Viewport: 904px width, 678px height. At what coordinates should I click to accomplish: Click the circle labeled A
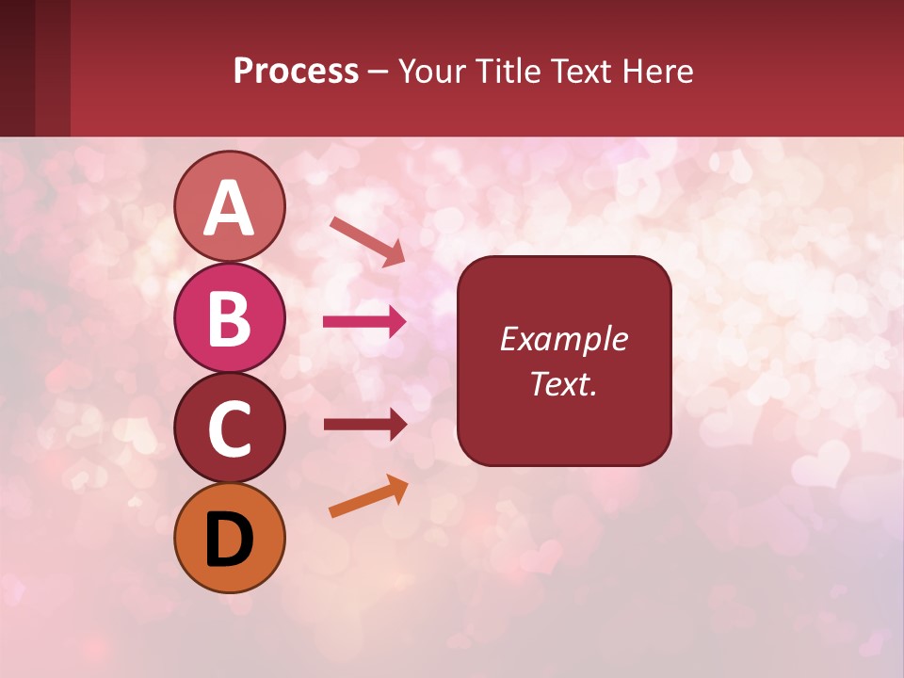coord(229,207)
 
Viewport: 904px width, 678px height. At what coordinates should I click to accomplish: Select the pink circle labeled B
coord(229,317)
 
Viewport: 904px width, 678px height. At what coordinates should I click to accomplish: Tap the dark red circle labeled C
coord(229,428)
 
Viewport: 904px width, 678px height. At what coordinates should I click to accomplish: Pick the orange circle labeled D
coord(229,538)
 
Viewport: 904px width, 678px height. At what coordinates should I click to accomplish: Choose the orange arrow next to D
coord(368,497)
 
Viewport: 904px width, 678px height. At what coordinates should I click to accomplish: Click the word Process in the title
coord(296,72)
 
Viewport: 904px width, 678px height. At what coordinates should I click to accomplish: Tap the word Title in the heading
coord(510,72)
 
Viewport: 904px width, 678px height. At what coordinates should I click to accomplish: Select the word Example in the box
coord(563,339)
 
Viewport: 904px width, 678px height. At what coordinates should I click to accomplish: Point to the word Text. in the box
coord(563,383)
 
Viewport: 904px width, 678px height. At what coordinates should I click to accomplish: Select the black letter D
coord(229,540)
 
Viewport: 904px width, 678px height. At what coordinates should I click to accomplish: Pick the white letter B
coord(229,318)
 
